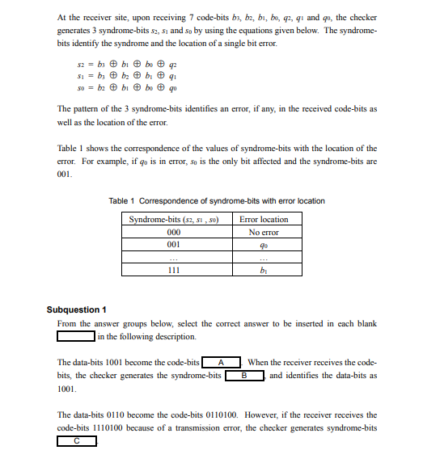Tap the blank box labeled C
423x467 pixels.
click(76, 441)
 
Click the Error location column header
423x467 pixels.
click(264, 219)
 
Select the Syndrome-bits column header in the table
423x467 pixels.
click(172, 219)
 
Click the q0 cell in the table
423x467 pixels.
click(264, 243)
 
